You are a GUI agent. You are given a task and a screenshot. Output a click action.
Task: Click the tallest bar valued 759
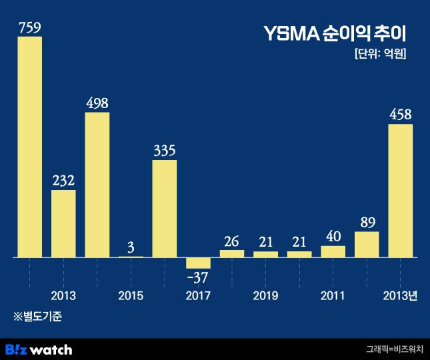(29, 147)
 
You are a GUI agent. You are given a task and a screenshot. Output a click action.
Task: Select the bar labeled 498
(97, 185)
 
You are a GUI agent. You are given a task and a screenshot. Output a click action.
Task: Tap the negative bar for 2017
(198, 263)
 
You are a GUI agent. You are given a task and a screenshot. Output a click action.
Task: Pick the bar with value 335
(165, 208)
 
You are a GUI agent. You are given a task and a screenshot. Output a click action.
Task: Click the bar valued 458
(400, 191)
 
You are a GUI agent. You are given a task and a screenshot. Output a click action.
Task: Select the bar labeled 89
(367, 244)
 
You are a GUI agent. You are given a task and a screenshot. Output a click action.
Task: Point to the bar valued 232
(63, 223)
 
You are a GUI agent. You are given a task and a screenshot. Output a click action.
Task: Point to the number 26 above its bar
(232, 241)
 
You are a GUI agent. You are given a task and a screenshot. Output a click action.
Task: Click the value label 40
(333, 237)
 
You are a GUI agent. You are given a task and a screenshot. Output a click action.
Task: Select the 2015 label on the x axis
(131, 295)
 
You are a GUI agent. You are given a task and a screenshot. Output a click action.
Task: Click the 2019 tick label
(265, 295)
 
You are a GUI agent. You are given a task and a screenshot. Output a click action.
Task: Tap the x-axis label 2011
(333, 295)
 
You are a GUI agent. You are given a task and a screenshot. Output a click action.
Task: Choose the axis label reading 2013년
(400, 295)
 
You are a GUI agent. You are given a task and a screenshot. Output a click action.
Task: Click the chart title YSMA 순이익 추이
(335, 33)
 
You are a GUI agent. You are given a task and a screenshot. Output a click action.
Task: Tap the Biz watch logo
(39, 349)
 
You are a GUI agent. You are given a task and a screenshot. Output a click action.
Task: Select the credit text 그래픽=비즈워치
(394, 349)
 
